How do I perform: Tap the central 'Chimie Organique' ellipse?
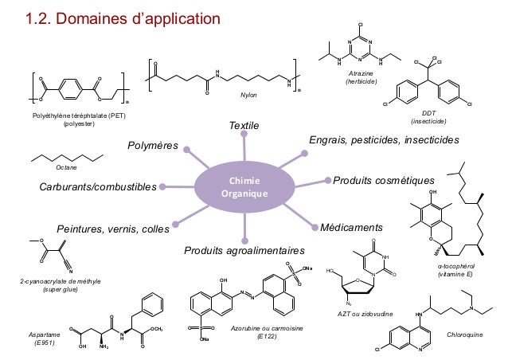pyautogui.click(x=245, y=188)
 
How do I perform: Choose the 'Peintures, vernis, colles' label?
pyautogui.click(x=112, y=230)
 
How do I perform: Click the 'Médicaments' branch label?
pyautogui.click(x=351, y=227)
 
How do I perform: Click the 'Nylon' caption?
pyautogui.click(x=250, y=95)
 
